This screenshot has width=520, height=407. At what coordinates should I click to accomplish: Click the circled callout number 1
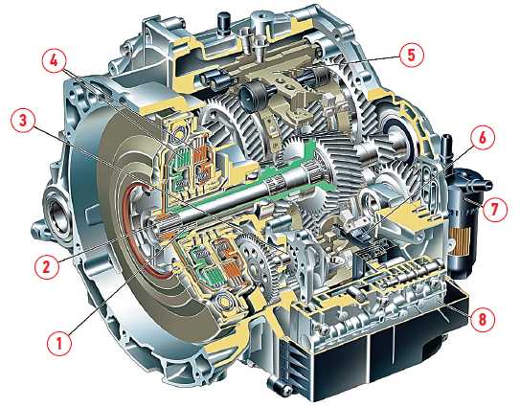[59, 343]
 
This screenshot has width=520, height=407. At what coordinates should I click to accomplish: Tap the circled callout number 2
[47, 265]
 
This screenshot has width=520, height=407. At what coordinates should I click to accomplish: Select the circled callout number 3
[23, 121]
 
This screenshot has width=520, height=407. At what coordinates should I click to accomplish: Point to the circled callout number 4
[54, 63]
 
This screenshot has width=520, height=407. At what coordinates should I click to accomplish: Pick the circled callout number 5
[411, 55]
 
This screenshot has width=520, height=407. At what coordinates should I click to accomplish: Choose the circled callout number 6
[483, 138]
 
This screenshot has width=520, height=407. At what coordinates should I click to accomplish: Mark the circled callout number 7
[494, 209]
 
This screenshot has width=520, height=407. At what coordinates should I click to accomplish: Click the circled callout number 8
[483, 320]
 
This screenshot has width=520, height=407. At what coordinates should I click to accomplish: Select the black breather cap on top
[222, 22]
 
